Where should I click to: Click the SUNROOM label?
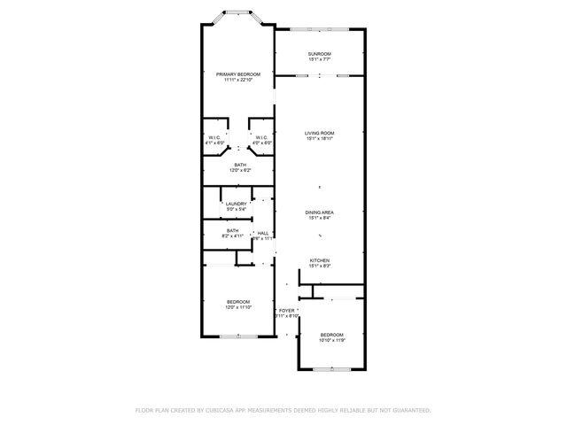click(x=319, y=54)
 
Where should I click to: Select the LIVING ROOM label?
click(x=319, y=133)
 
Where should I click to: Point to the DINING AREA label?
click(x=319, y=212)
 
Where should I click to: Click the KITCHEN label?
click(x=319, y=260)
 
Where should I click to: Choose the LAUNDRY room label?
click(x=236, y=205)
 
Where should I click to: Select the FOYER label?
click(x=286, y=311)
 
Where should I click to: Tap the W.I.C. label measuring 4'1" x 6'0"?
click(x=215, y=143)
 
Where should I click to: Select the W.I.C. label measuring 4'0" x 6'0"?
click(x=261, y=143)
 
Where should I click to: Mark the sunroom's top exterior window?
click(x=319, y=28)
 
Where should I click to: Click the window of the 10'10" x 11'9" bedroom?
click(x=331, y=368)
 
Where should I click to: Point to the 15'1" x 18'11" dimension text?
click(x=319, y=138)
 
